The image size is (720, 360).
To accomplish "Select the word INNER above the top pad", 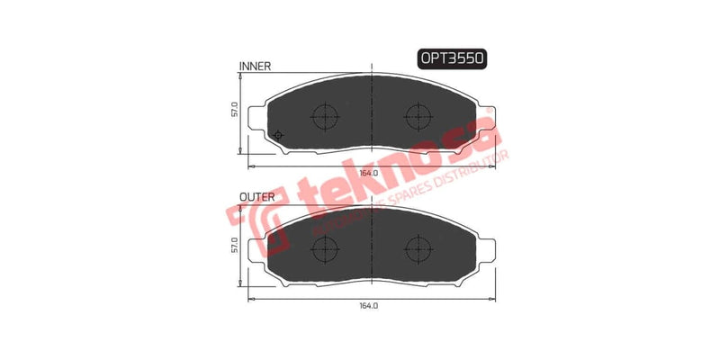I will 256,67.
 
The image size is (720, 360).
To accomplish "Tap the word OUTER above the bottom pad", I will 257,195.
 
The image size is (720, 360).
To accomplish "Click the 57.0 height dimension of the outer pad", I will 233,245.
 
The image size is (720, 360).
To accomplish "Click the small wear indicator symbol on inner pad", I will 277,136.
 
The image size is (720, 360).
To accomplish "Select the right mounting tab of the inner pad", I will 490,115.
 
